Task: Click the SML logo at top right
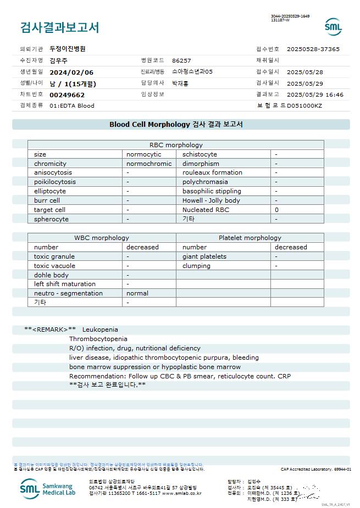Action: pos(333,26)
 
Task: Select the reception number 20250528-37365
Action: pos(313,49)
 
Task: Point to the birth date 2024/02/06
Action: pos(71,72)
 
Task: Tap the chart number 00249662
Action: pos(67,94)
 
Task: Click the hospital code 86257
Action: pos(181,60)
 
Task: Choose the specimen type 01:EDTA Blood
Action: pos(72,105)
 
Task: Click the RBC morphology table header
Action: pos(176,145)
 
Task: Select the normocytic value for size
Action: pos(144,154)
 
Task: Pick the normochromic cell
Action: pos(149,164)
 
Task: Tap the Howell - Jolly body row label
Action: pos(211,200)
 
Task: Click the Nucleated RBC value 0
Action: pos(276,210)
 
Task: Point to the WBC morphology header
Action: pos(102,238)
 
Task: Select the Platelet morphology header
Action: pos(250,238)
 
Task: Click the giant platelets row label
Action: pos(204,256)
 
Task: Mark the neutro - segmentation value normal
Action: pos(137,293)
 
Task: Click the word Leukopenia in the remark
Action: pos(100,330)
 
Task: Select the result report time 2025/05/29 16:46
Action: pos(315,94)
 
